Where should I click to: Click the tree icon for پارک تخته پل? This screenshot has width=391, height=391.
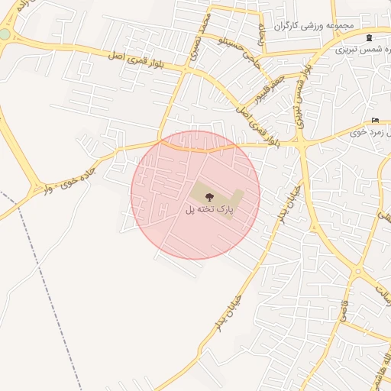210,196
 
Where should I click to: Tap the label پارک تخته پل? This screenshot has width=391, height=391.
207,208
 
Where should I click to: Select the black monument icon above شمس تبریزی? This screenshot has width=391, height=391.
370,37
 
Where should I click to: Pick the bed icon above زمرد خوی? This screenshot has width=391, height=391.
374,120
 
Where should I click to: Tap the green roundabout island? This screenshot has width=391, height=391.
5,34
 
